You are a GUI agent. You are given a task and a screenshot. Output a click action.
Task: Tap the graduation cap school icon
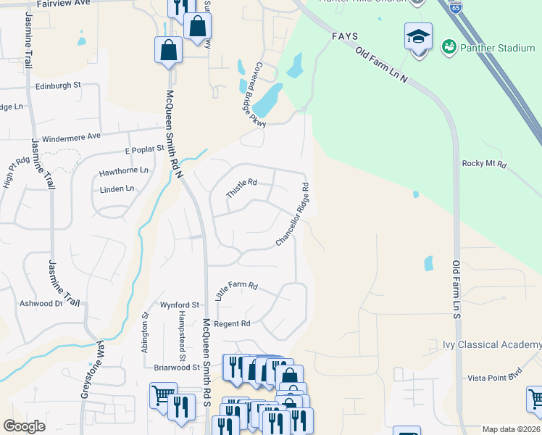[418, 36]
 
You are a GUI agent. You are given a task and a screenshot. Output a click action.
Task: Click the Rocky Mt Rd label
[483, 164]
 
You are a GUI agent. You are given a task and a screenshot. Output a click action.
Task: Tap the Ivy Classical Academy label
[493, 344]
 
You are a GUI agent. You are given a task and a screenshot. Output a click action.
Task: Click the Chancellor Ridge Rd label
[293, 215]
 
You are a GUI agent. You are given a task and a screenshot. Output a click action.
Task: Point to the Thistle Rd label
[241, 188]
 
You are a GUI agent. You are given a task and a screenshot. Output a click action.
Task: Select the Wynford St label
[180, 305]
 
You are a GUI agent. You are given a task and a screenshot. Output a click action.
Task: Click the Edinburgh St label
[58, 86]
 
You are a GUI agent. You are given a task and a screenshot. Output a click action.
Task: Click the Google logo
[25, 426]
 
